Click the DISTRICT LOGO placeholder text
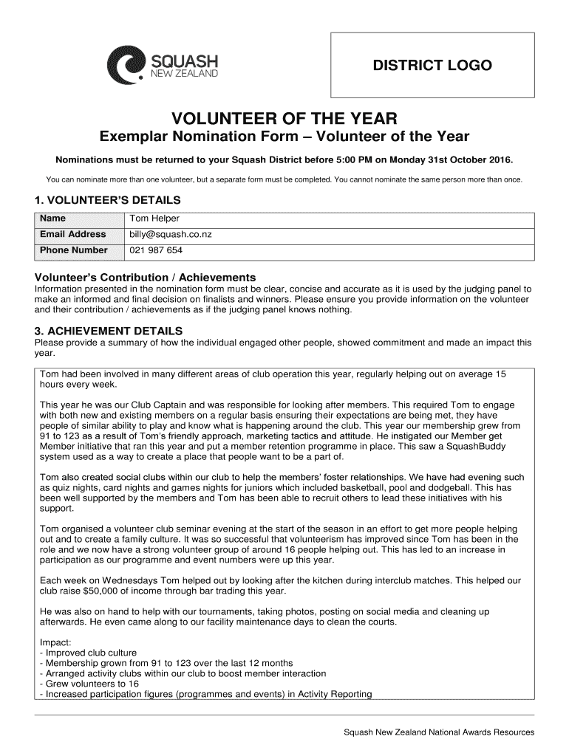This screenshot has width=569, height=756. pyautogui.click(x=432, y=66)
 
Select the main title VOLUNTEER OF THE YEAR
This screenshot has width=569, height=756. pyautogui.click(x=284, y=118)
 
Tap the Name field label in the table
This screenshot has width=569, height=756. pyautogui.click(x=52, y=219)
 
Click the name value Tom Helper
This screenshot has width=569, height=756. pyautogui.click(x=154, y=219)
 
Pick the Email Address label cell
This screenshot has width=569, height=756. pyautogui.click(x=72, y=235)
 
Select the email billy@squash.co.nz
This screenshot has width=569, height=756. pyautogui.click(x=171, y=235)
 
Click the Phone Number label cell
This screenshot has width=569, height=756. pyautogui.click(x=73, y=251)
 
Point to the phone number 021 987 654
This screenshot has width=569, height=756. pyautogui.click(x=156, y=251)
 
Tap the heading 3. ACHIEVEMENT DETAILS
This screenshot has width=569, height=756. pyautogui.click(x=109, y=331)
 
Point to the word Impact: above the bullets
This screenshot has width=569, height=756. pyautogui.click(x=55, y=642)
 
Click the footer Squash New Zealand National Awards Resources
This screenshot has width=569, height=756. pyautogui.click(x=439, y=732)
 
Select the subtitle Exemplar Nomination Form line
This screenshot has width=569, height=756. pyautogui.click(x=284, y=137)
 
